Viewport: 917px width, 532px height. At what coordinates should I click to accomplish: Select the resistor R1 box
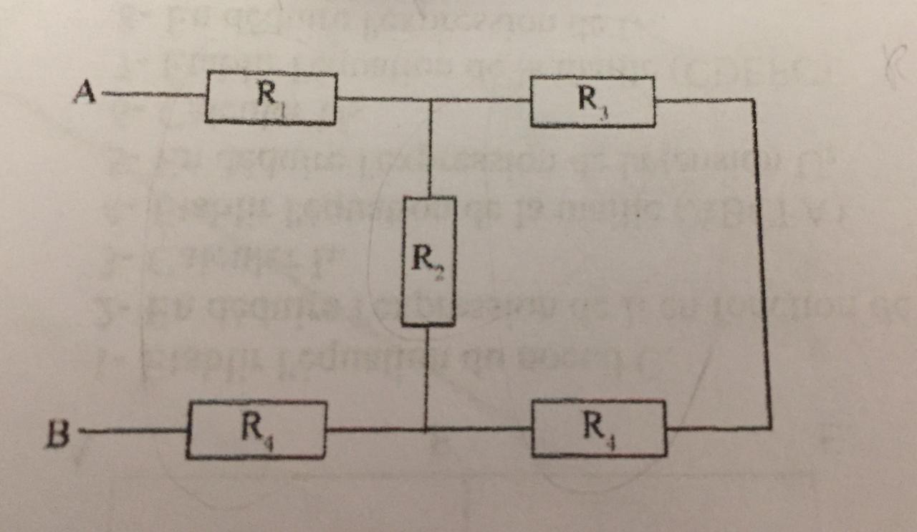(271, 98)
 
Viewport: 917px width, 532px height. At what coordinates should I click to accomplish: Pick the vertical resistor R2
(428, 261)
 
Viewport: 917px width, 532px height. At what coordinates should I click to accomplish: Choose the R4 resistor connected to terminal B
(256, 429)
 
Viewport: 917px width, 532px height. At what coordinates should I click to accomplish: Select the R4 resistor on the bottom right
(599, 428)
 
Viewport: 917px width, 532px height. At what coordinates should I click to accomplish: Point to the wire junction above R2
(429, 100)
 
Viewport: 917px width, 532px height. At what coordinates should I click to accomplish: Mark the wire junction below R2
(426, 430)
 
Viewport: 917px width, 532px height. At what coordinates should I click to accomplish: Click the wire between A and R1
(154, 94)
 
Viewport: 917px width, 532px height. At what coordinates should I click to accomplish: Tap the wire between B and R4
(133, 431)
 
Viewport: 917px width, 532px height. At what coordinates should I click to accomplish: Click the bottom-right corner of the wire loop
(770, 428)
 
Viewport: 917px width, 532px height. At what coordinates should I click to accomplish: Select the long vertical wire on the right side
(761, 265)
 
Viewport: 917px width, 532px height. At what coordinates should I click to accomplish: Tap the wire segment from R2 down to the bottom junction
(426, 378)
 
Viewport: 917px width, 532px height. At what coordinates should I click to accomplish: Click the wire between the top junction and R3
(480, 100)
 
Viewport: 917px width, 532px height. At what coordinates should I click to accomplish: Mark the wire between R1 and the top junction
(383, 99)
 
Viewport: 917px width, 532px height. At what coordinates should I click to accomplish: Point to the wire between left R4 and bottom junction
(375, 430)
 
